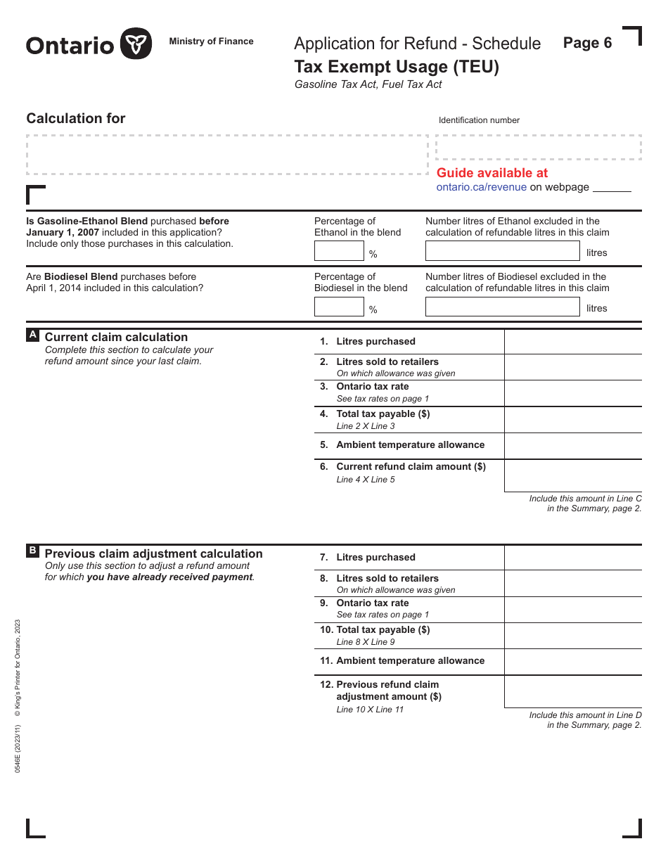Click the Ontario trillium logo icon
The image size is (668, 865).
(136, 44)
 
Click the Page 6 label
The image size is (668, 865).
(587, 43)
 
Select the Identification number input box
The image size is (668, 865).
(538, 148)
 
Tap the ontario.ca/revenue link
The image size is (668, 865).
(481, 187)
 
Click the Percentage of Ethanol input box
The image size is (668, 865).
(339, 251)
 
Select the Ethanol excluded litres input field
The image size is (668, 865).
(502, 251)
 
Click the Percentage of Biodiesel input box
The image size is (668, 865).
(339, 307)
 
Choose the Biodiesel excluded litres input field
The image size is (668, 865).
(502, 307)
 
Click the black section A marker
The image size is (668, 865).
(32, 335)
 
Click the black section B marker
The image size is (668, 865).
(32, 551)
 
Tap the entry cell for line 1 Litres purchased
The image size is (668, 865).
(572, 342)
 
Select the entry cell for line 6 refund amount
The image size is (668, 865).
(572, 475)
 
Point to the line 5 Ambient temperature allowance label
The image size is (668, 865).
(410, 445)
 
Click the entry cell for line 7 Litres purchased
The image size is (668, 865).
(572, 558)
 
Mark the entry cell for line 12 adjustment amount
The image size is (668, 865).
(572, 691)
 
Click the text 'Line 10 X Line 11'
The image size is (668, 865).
(370, 710)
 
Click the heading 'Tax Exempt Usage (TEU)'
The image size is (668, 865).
(397, 67)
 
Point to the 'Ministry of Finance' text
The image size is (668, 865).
(211, 41)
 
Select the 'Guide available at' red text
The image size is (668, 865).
(492, 173)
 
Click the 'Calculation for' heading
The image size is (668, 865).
(76, 118)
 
